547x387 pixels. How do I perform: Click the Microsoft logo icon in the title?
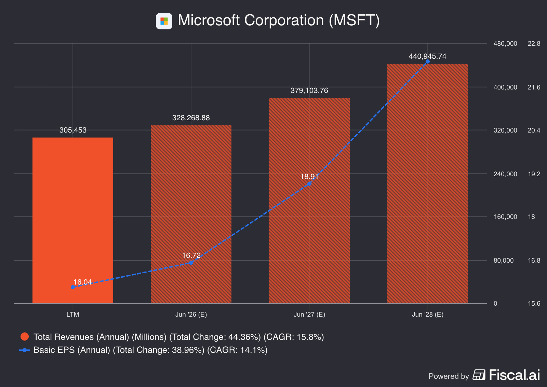coord(164,21)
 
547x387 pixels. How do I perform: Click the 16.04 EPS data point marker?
coord(73,287)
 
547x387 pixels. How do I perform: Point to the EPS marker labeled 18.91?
coord(309,184)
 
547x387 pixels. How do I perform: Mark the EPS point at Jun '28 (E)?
coord(428,61)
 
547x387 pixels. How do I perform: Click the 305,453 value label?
coord(73,130)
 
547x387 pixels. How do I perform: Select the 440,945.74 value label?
coord(428,56)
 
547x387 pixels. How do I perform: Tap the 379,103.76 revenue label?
coord(309,91)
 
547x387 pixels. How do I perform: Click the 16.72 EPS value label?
coord(191,255)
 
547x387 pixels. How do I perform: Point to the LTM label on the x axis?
coord(73,315)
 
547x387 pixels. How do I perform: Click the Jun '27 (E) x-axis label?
coord(309,315)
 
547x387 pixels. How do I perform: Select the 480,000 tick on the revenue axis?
coord(505,44)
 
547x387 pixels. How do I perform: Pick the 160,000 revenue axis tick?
coord(505,217)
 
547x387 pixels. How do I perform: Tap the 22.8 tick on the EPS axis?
coord(534,44)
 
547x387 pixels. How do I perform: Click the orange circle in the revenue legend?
coord(25,337)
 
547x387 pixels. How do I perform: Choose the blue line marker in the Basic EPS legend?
coord(25,350)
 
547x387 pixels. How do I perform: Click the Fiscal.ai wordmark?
coord(515,375)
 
